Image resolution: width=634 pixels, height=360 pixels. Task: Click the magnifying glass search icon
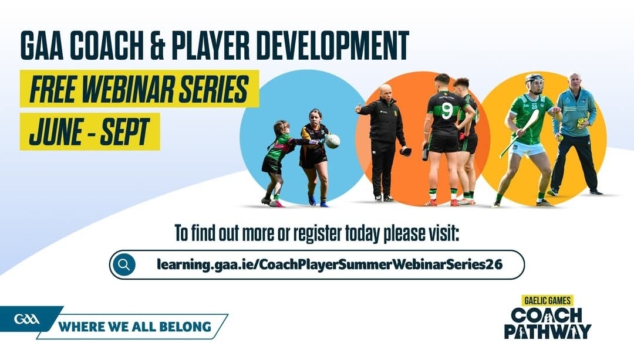click(124, 264)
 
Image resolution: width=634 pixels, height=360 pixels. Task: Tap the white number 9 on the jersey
click(446, 110)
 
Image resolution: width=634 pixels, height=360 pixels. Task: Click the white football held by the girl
click(333, 141)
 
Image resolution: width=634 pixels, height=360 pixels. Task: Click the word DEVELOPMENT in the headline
click(332, 45)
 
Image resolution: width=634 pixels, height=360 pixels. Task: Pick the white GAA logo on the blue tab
click(27, 319)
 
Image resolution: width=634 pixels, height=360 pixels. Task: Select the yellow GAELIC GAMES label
click(547, 301)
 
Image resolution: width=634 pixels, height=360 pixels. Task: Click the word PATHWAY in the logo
click(548, 331)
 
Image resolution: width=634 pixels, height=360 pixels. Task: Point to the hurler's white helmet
click(534, 79)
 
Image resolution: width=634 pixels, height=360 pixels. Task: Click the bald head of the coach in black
click(386, 91)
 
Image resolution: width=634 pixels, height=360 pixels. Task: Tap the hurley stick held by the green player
click(519, 132)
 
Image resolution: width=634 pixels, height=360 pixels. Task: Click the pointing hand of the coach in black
click(358, 108)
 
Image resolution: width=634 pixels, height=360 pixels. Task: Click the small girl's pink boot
click(276, 203)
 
